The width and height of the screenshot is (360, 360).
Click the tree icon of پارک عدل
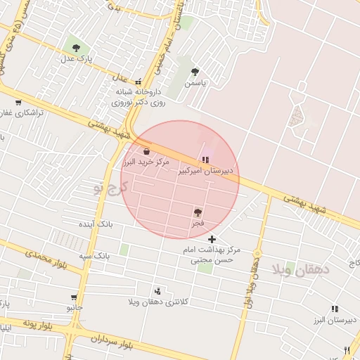(76, 48)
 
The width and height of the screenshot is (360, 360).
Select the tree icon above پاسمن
(195, 72)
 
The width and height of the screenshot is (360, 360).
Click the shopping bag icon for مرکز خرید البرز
(146, 152)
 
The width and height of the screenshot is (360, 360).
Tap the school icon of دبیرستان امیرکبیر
(205, 160)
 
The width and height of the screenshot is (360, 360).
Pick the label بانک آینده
(96, 224)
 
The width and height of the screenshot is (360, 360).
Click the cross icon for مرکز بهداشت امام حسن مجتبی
(212, 240)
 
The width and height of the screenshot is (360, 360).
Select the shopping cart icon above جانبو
(75, 298)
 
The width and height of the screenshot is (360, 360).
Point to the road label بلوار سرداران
(112, 341)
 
